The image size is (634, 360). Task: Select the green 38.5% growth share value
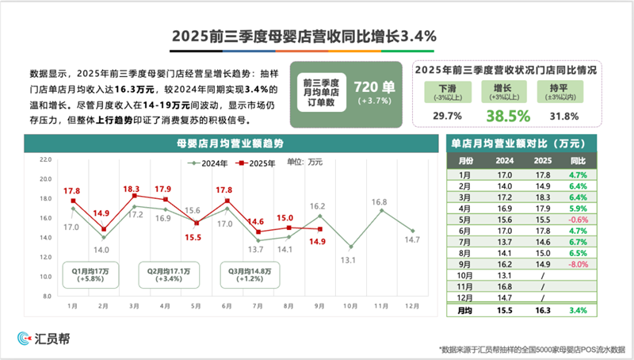point(507,116)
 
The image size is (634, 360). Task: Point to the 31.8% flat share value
point(563,117)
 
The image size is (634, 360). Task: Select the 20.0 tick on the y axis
point(44,159)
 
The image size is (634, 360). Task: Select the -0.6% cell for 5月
point(578,220)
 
